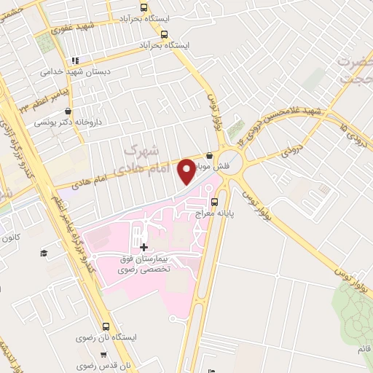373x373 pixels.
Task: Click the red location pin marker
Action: pyautogui.click(x=187, y=170)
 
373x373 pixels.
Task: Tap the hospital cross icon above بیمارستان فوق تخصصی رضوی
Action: pyautogui.click(x=143, y=247)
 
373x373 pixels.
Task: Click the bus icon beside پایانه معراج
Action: pyautogui.click(x=214, y=203)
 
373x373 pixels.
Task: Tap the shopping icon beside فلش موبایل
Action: pyautogui.click(x=210, y=155)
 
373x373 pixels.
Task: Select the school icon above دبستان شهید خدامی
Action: pyautogui.click(x=74, y=60)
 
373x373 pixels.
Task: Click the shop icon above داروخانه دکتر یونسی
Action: pyautogui.click(x=68, y=111)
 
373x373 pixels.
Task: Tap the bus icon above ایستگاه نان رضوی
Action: pyautogui.click(x=106, y=327)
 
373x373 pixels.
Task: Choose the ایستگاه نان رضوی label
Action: pyautogui.click(x=106, y=339)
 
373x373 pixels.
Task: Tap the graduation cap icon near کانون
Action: pyautogui.click(x=44, y=252)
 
